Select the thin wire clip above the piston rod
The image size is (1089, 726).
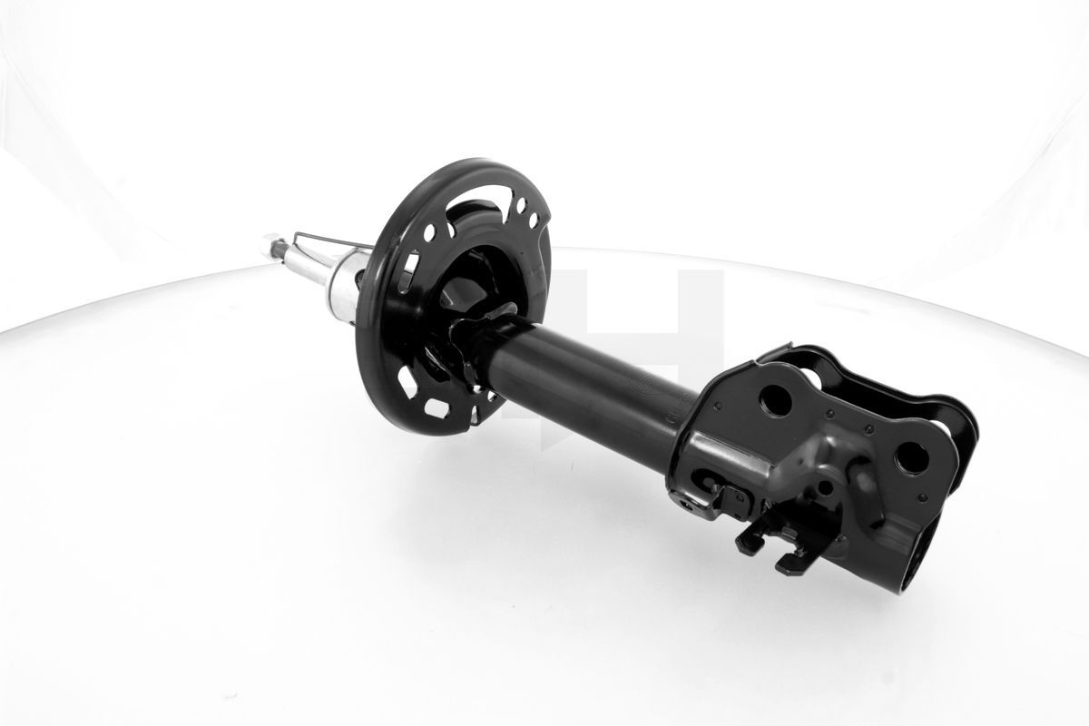coord(327,239)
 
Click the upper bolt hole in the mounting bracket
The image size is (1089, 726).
coord(775,399)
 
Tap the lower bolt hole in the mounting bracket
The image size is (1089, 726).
coord(910,456)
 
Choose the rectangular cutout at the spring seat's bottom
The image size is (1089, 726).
coord(437,408)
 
